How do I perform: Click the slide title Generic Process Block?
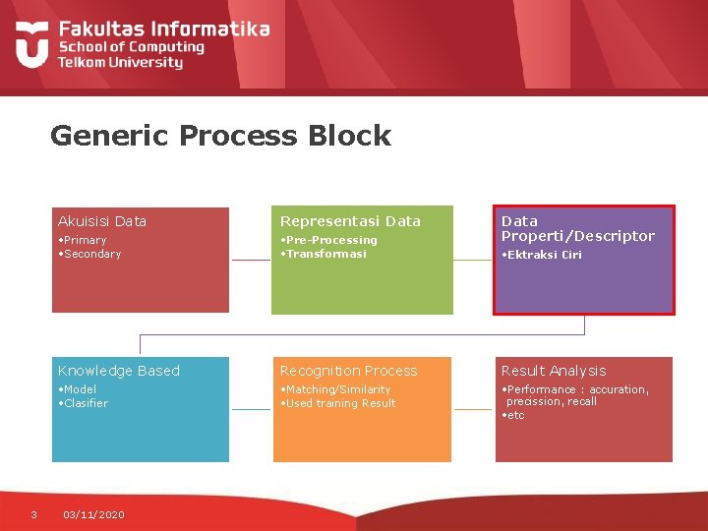(220, 136)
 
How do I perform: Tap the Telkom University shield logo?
(31, 43)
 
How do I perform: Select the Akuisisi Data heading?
(102, 221)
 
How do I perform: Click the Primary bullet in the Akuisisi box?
(83, 240)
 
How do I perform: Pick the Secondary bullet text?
(90, 254)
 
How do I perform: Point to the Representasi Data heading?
(350, 221)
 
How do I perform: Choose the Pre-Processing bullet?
(329, 240)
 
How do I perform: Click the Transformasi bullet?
(324, 254)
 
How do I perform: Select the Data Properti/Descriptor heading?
(577, 228)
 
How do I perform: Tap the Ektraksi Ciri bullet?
(543, 255)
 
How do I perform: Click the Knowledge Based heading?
(119, 371)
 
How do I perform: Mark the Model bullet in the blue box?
(79, 389)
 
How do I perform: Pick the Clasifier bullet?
(85, 403)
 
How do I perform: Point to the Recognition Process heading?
(348, 371)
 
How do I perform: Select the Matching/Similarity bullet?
(336, 389)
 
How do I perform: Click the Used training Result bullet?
(339, 403)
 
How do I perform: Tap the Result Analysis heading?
(554, 371)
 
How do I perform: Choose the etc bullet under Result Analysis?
(514, 415)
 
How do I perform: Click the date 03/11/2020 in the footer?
(93, 514)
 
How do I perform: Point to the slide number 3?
(33, 514)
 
